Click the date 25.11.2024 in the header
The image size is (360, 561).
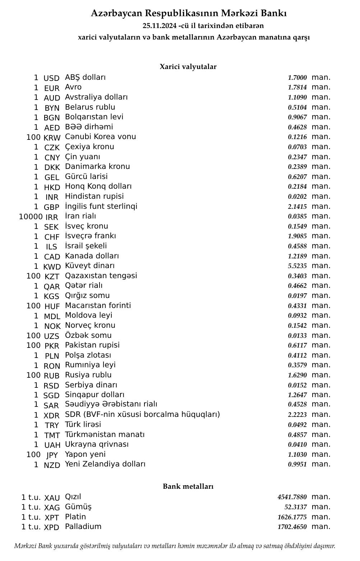click(159, 26)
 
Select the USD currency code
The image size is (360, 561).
click(51, 78)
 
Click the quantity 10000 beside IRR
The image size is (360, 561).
click(31, 216)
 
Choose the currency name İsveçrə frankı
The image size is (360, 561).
click(90, 236)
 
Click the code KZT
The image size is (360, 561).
click(52, 277)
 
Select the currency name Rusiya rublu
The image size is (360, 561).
click(88, 375)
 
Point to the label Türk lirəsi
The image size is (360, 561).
click(83, 424)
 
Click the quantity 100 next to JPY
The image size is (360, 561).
click(33, 455)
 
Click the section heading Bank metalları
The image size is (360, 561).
click(188, 487)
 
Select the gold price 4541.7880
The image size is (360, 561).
click(292, 497)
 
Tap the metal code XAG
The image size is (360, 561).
click(52, 508)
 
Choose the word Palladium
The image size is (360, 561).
click(83, 526)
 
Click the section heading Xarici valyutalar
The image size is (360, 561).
click(188, 67)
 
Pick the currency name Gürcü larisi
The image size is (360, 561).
click(86, 176)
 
